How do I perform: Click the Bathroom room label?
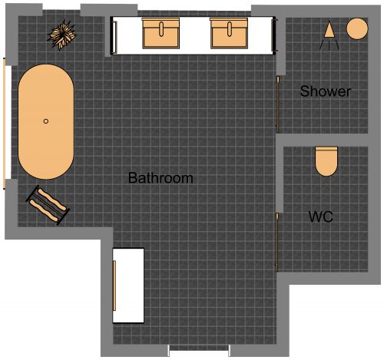[x=161, y=178]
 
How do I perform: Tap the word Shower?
[x=326, y=91]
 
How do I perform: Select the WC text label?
[x=320, y=216]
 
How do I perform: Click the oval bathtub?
[x=46, y=122]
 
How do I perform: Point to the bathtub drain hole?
[x=46, y=121]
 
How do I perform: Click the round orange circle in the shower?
[x=357, y=29]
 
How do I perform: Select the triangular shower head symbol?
[x=329, y=31]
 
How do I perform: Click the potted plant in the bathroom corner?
[x=62, y=34]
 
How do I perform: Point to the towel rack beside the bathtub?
[x=48, y=203]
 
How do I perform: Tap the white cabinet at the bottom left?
[x=129, y=285]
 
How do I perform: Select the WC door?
[x=277, y=241]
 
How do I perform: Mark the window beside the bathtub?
[x=8, y=122]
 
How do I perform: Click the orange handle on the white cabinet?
[x=115, y=285]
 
